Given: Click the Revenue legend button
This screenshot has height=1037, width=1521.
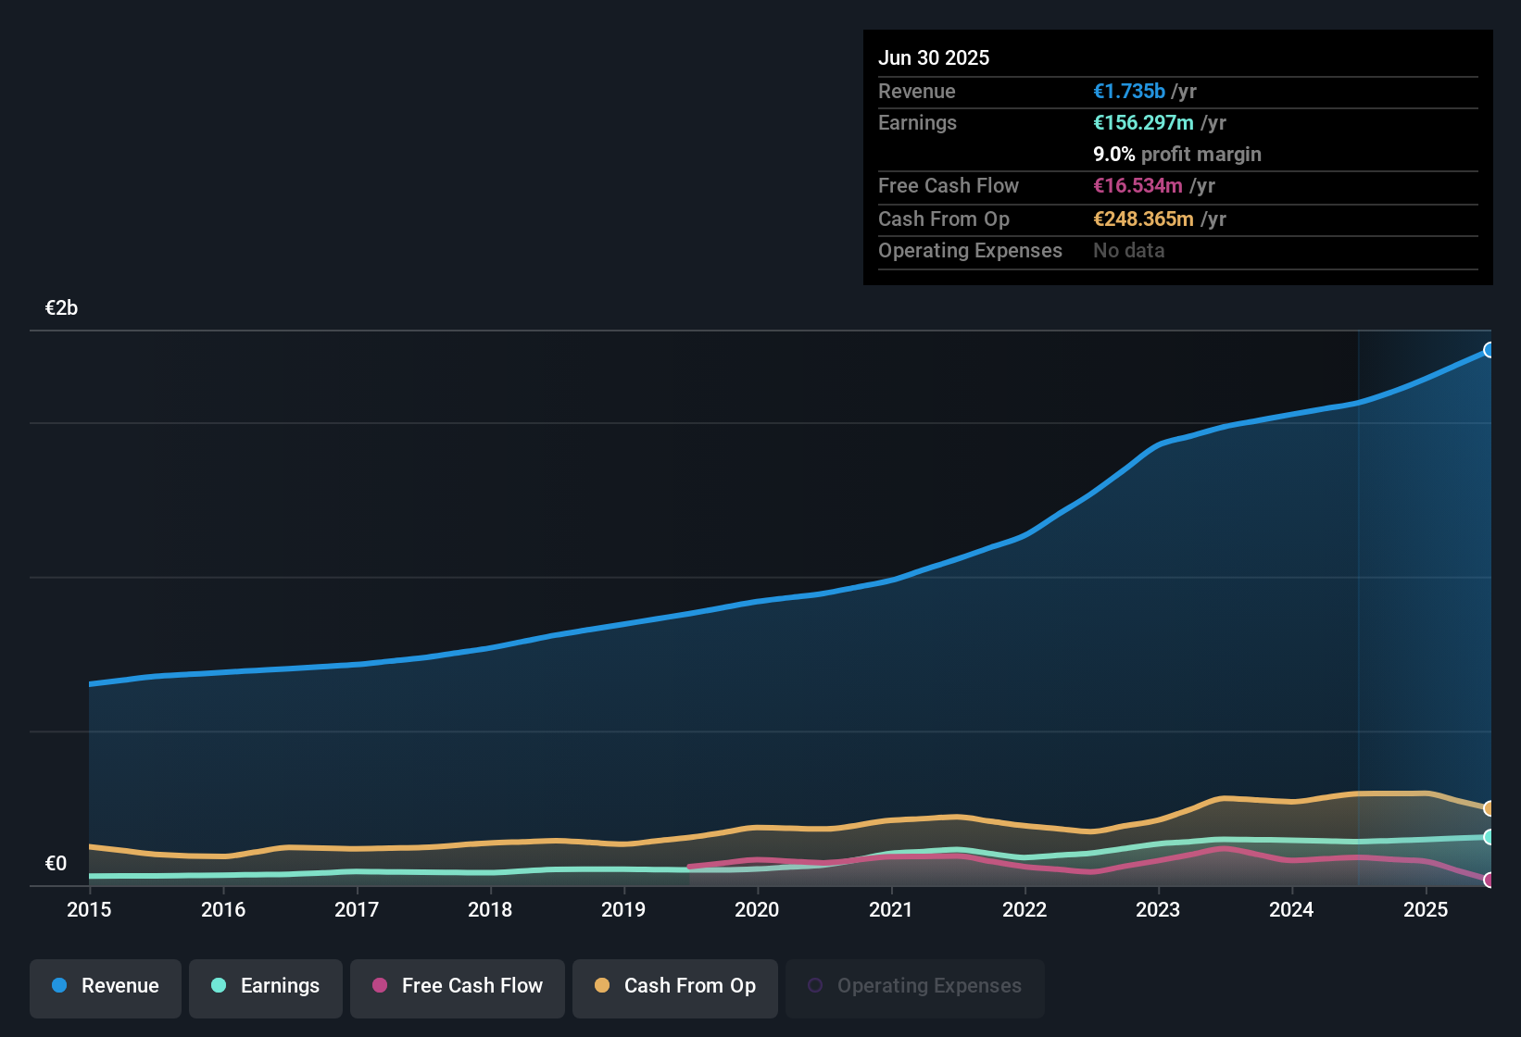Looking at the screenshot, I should [106, 986].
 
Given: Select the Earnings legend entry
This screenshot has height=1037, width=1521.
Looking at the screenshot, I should [266, 986].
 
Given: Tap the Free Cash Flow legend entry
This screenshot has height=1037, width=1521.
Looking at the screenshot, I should [458, 986].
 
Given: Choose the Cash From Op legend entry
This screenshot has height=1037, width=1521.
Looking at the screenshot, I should [675, 986].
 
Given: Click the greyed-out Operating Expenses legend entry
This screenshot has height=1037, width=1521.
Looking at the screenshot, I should [915, 986].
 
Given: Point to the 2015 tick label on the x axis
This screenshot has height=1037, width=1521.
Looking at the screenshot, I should [89, 909].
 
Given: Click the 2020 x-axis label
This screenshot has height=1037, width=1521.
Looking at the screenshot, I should [757, 909].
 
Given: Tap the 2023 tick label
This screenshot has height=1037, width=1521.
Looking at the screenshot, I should [1158, 909].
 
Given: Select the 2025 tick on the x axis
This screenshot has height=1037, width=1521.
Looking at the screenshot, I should [1425, 909].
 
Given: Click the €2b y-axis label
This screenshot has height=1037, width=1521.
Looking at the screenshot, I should [61, 308].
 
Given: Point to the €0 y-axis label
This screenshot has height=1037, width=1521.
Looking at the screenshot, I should [56, 864].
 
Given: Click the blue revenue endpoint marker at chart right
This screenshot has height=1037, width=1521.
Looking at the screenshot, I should [1490, 350].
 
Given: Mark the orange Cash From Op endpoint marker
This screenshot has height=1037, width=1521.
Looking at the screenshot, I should [1490, 808].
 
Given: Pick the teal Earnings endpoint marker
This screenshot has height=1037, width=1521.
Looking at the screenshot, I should [1490, 837].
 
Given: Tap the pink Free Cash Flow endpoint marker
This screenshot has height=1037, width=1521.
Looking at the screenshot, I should [1490, 880].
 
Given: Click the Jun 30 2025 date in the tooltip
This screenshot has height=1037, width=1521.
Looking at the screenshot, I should [934, 57].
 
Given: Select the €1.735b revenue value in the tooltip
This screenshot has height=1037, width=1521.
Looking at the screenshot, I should [1129, 91].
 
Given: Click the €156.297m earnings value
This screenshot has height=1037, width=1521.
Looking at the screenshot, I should [1143, 122].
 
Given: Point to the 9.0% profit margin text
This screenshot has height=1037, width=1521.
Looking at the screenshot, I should [1176, 154].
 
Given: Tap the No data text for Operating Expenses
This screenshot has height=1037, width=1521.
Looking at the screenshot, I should [1128, 250].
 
